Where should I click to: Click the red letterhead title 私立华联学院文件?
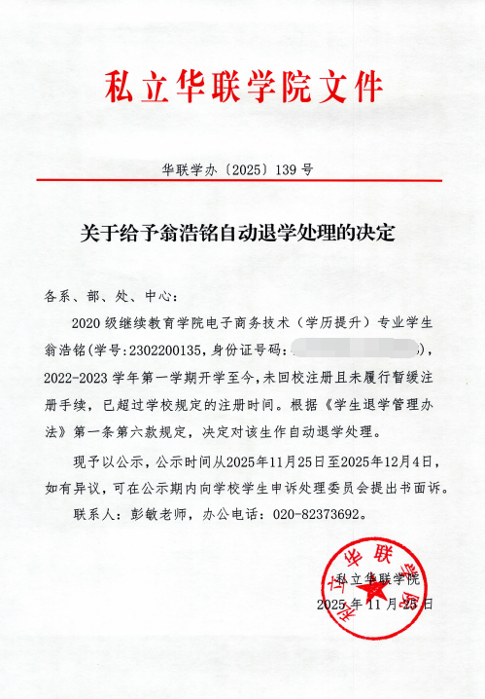click(x=242, y=89)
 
